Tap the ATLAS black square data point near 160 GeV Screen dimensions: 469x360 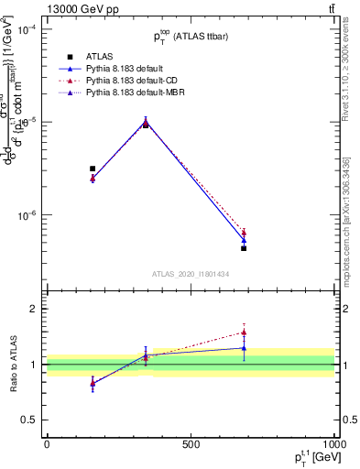pos(93,169)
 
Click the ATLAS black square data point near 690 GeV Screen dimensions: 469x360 pos(244,248)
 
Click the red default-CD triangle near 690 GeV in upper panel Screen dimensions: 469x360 pos(244,233)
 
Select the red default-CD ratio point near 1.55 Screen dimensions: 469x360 pos(244,333)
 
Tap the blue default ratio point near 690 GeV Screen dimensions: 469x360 pos(244,348)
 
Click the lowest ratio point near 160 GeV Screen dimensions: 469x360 pos(93,384)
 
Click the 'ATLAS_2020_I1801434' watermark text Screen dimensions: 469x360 pos(190,274)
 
